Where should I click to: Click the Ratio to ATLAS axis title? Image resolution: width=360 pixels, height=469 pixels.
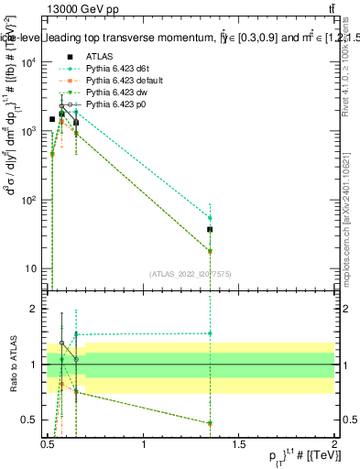pos(11,364)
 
